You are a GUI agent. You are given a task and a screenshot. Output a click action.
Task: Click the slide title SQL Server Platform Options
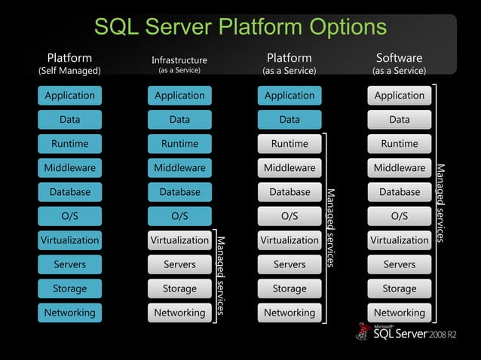[240, 27]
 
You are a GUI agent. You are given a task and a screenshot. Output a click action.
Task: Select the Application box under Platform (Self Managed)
[69, 96]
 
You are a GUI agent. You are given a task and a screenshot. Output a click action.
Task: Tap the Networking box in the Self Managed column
[69, 313]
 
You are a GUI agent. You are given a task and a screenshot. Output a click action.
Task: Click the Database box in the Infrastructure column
[179, 192]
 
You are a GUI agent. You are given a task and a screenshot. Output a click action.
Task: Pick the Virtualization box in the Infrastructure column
[179, 240]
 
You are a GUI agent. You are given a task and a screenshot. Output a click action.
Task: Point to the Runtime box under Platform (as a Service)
[290, 144]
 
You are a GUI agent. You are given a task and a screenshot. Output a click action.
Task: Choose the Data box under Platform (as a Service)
[290, 120]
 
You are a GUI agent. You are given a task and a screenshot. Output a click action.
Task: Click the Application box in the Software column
[400, 96]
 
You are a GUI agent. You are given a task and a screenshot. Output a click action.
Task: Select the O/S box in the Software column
[400, 216]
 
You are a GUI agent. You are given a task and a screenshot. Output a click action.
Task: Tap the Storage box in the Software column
[400, 288]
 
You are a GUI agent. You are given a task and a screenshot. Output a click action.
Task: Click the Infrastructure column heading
[179, 60]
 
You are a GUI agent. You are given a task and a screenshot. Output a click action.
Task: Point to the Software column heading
[399, 58]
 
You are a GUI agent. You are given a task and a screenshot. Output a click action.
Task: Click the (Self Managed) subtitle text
[69, 72]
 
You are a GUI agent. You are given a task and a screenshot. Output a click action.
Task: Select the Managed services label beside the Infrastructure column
[221, 275]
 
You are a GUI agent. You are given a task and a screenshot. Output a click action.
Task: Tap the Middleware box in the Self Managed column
[69, 168]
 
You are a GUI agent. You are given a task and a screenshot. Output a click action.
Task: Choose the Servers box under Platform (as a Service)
[290, 264]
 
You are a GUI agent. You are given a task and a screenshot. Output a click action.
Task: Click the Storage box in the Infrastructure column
[179, 288]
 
